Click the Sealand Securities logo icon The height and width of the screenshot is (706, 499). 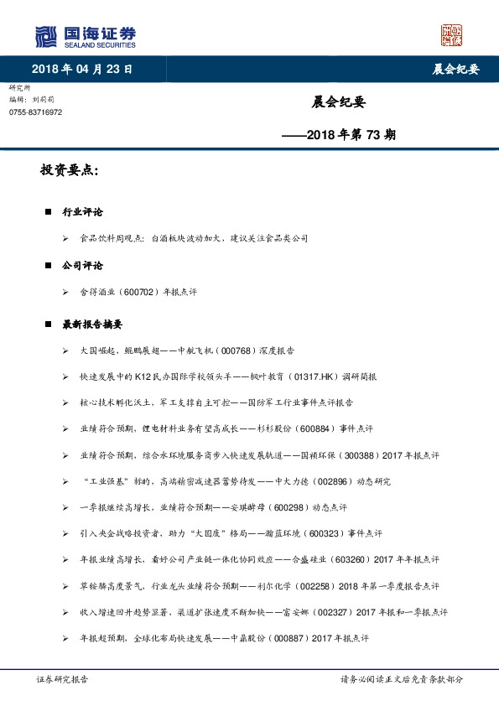pos(45,36)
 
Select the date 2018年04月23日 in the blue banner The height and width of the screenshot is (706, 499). pos(81,69)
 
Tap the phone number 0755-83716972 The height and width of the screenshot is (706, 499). pos(36,112)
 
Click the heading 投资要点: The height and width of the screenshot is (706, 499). pos(70,170)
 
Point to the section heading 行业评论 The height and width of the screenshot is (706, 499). pos(83,212)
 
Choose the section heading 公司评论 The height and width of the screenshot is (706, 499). pos(83,265)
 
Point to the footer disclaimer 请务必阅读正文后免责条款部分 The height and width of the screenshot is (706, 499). pos(401,679)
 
